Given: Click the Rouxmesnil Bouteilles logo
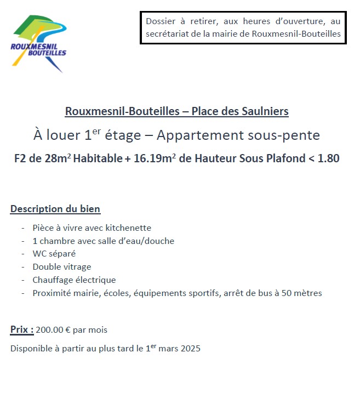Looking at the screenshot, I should point(38,43).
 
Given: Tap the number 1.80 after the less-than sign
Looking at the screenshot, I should point(328,159).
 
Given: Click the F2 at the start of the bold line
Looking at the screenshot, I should point(20,159).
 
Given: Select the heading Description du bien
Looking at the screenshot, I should point(55,209).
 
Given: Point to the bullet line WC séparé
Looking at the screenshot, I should point(54,254).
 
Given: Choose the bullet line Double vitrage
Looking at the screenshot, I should point(61,267).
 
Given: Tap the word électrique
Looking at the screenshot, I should point(94,280).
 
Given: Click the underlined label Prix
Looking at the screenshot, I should point(22,330).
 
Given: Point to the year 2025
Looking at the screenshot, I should point(190,349).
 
